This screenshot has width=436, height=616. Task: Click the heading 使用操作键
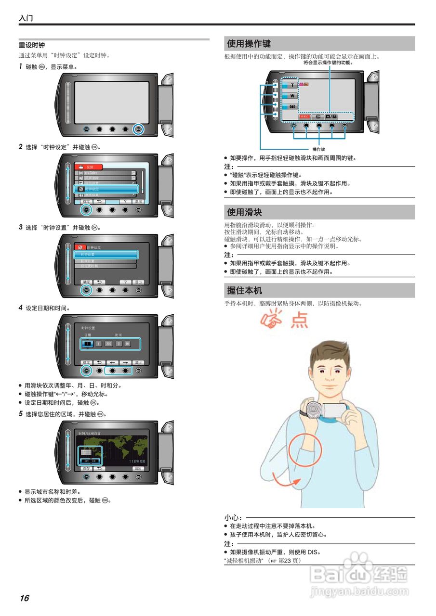[249, 44]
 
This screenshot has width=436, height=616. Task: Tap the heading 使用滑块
[244, 212]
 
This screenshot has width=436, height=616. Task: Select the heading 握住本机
[244, 291]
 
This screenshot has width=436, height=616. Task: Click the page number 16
[24, 598]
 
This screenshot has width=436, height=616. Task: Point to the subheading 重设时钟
[32, 45]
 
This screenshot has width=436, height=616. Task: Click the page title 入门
[26, 18]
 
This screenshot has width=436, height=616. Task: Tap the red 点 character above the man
[300, 320]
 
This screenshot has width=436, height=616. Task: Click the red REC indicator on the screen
[304, 116]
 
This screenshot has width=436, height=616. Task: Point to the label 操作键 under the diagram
[319, 149]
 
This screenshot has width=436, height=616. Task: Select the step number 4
[21, 308]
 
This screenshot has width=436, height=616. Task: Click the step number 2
[21, 147]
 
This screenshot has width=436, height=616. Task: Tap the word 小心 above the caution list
[233, 518]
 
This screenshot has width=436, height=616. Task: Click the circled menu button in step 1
[138, 129]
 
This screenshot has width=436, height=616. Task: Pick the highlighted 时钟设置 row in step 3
[106, 254]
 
